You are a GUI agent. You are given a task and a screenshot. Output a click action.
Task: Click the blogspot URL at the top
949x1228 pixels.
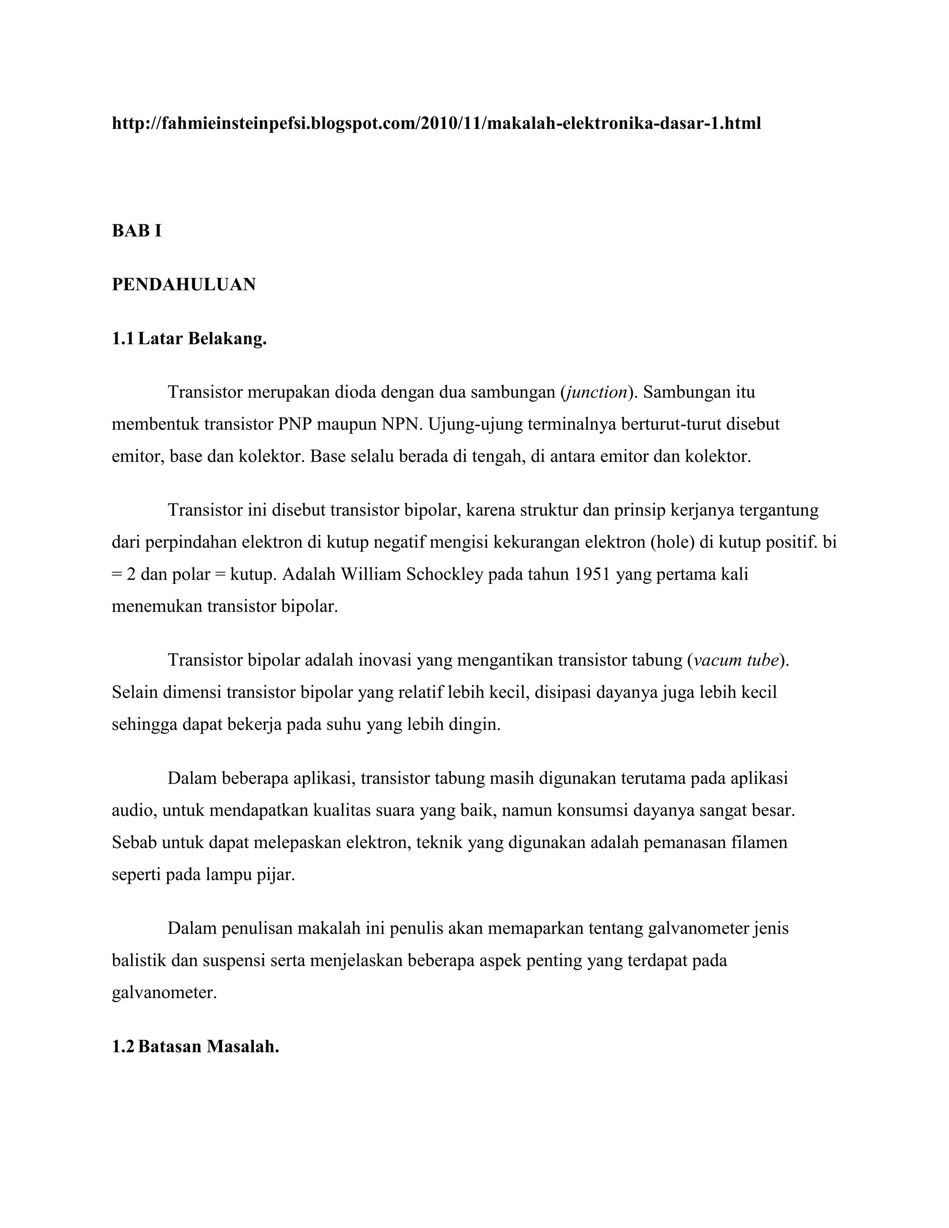[x=436, y=123]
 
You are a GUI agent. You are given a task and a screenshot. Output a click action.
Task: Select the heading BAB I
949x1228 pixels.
[x=137, y=230]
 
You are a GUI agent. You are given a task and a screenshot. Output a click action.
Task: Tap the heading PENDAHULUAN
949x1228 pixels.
[x=184, y=285]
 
